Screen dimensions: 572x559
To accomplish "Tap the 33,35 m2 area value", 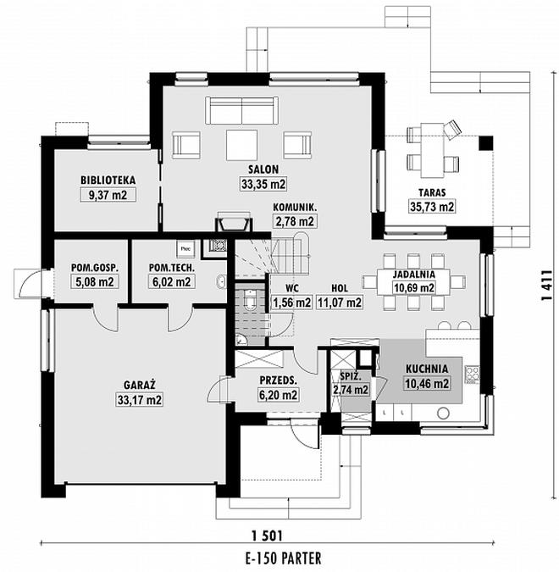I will tap(263, 182).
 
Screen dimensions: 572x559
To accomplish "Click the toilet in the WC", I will tap(252, 300).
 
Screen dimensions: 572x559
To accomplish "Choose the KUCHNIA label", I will tap(427, 369).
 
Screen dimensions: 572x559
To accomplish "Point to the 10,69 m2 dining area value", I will tap(414, 288).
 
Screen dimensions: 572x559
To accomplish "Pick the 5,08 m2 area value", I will tap(93, 283).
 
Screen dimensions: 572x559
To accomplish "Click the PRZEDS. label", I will tap(277, 380).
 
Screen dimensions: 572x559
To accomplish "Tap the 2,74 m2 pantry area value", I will tap(351, 390).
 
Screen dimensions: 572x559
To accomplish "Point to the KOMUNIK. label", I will tap(295, 208).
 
